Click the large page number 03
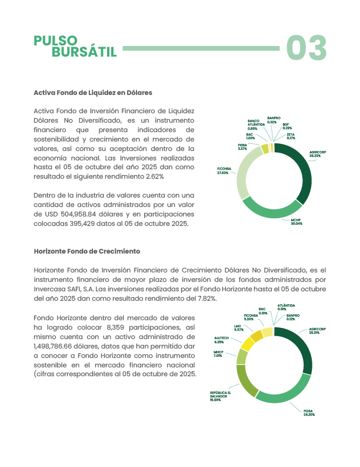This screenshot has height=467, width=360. [x=306, y=48]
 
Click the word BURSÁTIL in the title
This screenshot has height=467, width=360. [x=84, y=52]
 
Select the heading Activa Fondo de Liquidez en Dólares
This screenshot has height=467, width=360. [x=93, y=93]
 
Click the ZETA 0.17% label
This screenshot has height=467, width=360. [x=290, y=136]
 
